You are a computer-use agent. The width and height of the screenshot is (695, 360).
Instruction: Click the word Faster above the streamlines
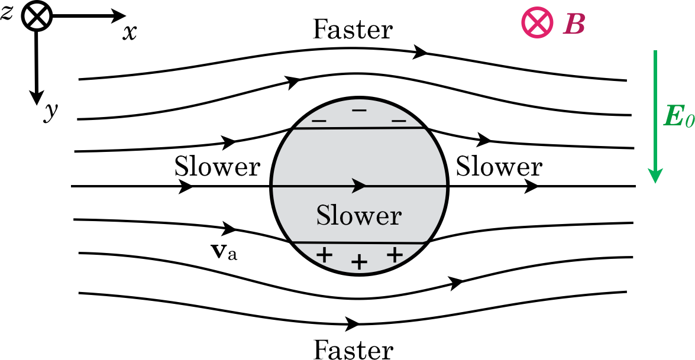coord(353,29)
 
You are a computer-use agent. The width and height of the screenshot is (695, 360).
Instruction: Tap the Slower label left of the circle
coord(217,167)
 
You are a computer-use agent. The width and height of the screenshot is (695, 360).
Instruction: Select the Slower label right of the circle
coord(499,167)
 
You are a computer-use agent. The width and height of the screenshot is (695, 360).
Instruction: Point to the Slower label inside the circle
coord(358,215)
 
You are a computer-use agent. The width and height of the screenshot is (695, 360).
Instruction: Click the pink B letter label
coord(573,24)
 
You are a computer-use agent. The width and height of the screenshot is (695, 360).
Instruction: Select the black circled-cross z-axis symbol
coord(37,17)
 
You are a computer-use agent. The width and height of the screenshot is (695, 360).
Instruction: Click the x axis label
coord(130,33)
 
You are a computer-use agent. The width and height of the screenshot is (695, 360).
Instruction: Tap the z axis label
coord(7,13)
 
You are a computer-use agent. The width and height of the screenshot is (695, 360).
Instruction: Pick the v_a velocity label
coord(224,254)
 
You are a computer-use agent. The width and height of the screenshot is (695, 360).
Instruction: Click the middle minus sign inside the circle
coord(358,111)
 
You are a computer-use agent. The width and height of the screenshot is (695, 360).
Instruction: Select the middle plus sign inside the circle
coord(358,262)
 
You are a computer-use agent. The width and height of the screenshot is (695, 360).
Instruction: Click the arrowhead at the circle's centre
coord(358,186)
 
